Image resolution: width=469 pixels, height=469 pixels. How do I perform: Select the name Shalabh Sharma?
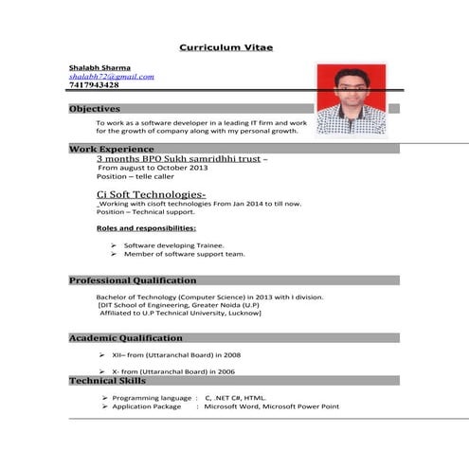point(99,67)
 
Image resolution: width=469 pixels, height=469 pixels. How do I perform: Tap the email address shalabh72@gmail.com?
point(111,77)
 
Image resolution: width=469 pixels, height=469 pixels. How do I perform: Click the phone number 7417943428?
point(94,85)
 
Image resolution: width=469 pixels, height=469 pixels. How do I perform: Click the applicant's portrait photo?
point(351,99)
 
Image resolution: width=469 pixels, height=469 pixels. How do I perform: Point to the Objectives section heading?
point(95,109)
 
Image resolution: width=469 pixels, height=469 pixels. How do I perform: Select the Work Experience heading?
point(112,150)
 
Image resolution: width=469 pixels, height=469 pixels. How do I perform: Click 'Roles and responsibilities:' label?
point(146,228)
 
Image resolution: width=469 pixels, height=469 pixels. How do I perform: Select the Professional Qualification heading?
point(133,280)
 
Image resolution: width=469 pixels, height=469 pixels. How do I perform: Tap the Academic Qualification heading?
point(126,338)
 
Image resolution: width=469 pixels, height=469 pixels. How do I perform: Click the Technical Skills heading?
point(107,381)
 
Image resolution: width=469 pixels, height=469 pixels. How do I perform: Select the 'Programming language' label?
point(153,398)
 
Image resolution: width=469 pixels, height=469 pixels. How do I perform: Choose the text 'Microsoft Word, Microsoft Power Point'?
point(271,406)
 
